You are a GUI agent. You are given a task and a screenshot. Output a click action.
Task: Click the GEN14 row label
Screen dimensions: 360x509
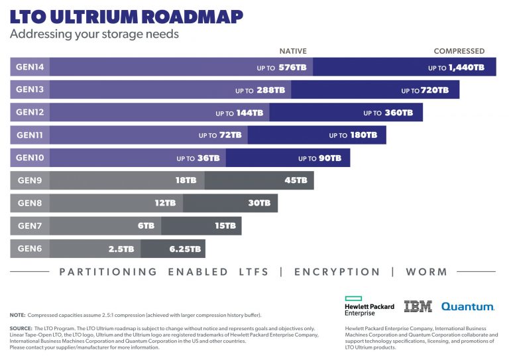click(x=30, y=67)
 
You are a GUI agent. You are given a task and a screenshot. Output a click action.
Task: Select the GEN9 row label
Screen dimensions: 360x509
click(x=30, y=180)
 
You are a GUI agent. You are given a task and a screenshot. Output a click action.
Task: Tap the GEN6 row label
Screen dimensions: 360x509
click(x=30, y=249)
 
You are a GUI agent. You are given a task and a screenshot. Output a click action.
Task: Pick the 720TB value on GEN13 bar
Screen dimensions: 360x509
click(x=435, y=90)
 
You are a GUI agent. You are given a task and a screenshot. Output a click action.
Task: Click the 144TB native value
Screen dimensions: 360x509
click(x=249, y=113)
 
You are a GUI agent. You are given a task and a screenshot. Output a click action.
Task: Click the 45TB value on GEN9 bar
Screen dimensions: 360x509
click(x=296, y=180)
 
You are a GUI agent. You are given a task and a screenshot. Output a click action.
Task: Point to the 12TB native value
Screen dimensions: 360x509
click(x=165, y=203)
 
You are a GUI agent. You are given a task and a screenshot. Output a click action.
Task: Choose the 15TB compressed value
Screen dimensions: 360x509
click(x=225, y=225)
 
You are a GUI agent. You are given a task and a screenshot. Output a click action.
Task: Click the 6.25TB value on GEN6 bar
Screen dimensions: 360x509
click(x=185, y=249)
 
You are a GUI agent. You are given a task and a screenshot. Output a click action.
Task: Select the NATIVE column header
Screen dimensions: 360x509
click(x=293, y=51)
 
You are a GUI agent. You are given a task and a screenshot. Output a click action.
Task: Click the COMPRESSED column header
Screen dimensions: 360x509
click(x=459, y=51)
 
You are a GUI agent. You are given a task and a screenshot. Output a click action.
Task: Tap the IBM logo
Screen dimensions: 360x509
click(x=418, y=306)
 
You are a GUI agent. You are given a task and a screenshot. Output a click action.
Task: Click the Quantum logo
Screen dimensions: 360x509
click(x=468, y=306)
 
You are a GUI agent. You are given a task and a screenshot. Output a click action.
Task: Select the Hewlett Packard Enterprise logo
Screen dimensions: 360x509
click(x=369, y=306)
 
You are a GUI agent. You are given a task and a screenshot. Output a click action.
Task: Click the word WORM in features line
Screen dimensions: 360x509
click(x=427, y=272)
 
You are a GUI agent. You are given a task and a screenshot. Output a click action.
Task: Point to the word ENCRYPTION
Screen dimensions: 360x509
click(x=337, y=272)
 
